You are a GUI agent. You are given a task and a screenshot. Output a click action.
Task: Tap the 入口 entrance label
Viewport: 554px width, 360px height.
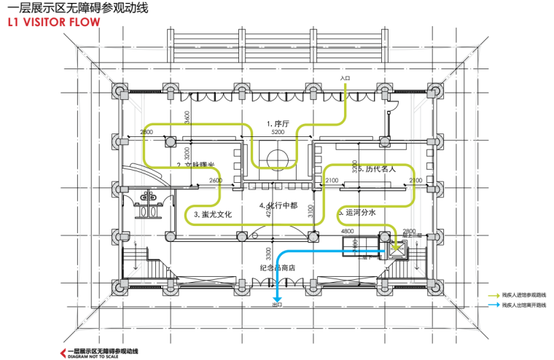coord(346,77)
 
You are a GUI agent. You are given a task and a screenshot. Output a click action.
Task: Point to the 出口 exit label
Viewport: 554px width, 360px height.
coord(276,305)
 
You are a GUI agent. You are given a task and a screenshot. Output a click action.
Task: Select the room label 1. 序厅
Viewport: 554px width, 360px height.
coord(278,125)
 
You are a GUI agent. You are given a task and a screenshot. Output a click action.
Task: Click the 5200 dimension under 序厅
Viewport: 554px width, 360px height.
coord(278,133)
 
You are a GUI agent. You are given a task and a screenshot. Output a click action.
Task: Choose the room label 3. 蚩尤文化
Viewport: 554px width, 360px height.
coord(212,215)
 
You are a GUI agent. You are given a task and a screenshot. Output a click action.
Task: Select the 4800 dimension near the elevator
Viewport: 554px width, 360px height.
coord(347,231)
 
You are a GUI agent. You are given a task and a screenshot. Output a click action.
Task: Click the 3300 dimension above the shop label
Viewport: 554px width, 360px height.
coord(269,254)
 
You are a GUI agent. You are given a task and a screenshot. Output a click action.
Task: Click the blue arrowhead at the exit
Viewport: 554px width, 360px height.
coord(277,297)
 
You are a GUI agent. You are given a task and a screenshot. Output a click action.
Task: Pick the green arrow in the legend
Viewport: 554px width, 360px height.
coord(493,294)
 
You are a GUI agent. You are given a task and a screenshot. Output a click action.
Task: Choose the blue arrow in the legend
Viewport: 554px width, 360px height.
coord(493,305)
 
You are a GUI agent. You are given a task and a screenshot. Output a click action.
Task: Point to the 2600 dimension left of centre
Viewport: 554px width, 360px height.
coord(216,181)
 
